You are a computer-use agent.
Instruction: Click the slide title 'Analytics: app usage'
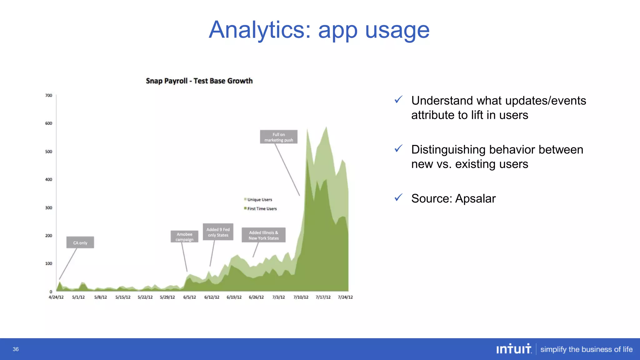click(x=319, y=30)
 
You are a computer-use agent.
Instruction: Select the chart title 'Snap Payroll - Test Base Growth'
click(x=199, y=81)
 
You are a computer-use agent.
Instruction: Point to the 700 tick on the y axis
click(x=49, y=95)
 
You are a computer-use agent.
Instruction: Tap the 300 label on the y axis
click(x=49, y=207)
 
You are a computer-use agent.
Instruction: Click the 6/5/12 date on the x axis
click(x=189, y=297)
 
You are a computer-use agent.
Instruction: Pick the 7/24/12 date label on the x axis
click(x=345, y=297)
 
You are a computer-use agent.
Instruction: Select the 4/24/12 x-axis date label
click(x=56, y=297)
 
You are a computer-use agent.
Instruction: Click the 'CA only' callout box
click(x=80, y=242)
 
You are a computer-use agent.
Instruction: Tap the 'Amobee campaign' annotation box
click(x=184, y=237)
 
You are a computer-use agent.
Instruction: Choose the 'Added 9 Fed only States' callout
click(x=218, y=232)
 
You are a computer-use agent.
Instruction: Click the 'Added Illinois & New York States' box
click(x=263, y=235)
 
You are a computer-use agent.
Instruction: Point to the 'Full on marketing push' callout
click(x=278, y=137)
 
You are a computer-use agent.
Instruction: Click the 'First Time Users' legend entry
click(x=262, y=209)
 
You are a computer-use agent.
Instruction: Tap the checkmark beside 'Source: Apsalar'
click(x=398, y=197)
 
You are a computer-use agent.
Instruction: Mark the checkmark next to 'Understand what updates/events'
click(x=398, y=100)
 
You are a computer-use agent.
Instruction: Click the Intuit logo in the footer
click(x=514, y=349)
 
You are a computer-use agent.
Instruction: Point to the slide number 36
click(x=16, y=349)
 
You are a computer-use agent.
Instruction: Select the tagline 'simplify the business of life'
click(x=586, y=349)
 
